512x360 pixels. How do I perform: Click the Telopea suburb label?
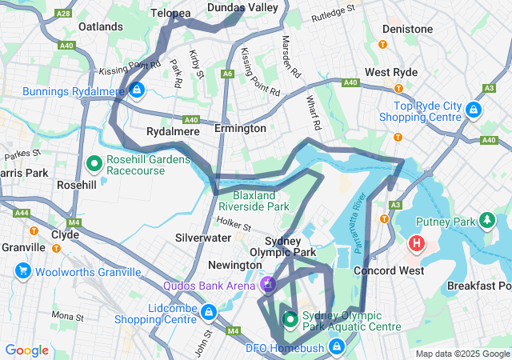pos(171,14)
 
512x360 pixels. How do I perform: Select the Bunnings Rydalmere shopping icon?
pos(138,90)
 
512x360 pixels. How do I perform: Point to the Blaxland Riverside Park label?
pos(260,201)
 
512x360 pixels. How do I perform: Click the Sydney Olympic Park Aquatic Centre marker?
pos(290,321)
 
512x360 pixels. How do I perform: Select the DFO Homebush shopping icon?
pos(338,346)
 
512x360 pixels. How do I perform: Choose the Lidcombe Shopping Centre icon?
pos(208,312)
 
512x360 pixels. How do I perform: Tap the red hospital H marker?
pos(417,242)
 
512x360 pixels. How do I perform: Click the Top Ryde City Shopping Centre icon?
pos(474,109)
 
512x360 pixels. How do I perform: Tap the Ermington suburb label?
pos(240,129)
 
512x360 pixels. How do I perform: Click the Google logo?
pos(26,350)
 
